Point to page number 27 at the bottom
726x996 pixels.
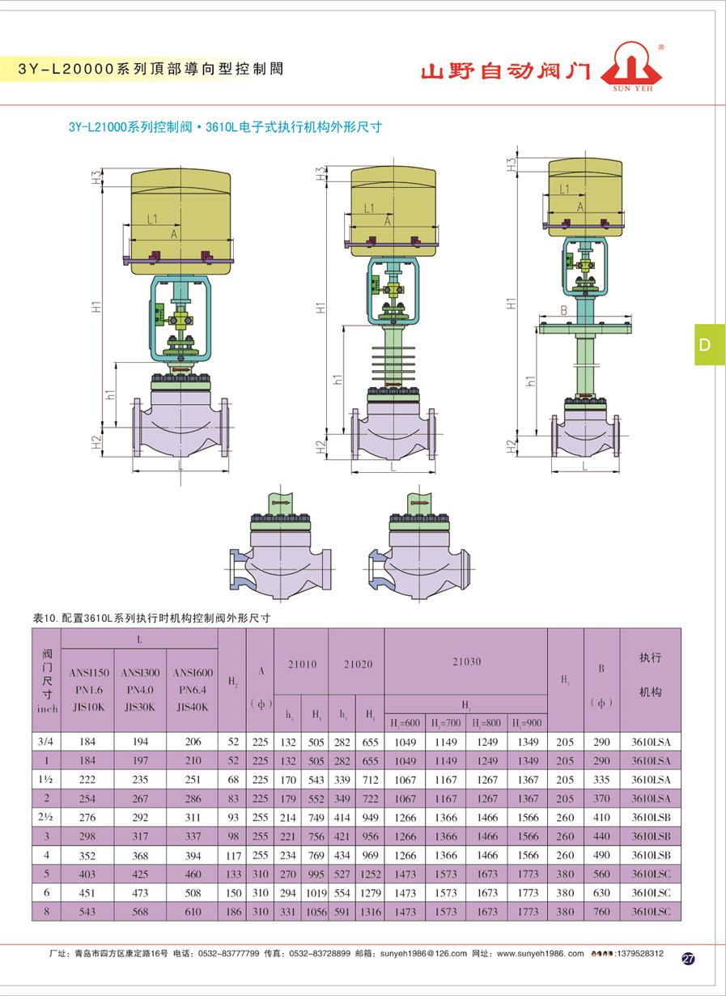pos(688,959)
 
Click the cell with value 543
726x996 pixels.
pos(87,913)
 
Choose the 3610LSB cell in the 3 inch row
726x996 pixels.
pos(651,836)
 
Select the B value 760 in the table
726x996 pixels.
pos(601,913)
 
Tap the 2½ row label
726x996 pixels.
pos(46,817)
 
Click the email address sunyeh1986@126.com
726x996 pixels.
pos(420,954)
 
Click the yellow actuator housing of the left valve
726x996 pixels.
pos(180,211)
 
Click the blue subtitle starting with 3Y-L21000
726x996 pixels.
pos(224,127)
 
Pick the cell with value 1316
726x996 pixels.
pos(370,913)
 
